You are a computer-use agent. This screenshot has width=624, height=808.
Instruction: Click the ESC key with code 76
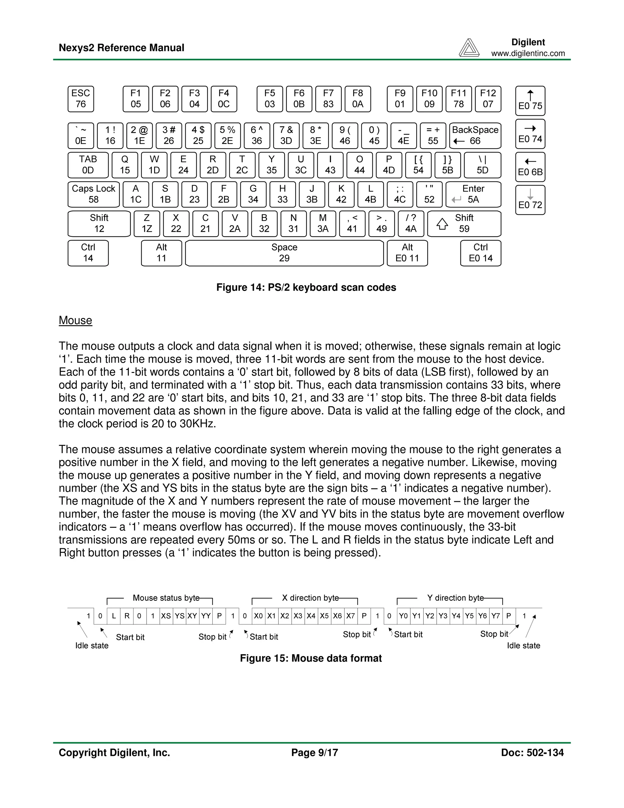[80, 99]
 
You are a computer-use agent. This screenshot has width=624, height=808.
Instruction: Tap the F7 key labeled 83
[328, 99]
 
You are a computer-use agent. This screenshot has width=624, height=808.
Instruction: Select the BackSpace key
[475, 135]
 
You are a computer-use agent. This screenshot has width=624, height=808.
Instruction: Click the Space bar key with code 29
[284, 253]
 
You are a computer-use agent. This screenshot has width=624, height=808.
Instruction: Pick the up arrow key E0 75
[530, 101]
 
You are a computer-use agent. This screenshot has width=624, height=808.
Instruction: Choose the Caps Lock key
[94, 194]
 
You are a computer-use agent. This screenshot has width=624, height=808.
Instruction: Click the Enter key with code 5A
[473, 194]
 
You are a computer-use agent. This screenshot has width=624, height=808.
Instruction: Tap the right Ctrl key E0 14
[480, 253]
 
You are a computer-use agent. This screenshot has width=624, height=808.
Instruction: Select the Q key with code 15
[125, 165]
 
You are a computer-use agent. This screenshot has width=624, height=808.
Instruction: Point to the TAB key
[88, 165]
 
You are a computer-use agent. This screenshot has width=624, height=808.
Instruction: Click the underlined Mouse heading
[76, 320]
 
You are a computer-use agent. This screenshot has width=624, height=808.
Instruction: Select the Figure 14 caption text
[306, 288]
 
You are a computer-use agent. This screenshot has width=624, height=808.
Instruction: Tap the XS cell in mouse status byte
[166, 616]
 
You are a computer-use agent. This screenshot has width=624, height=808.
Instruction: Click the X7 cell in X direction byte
[350, 616]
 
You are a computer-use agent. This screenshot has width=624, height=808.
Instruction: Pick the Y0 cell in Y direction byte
[403, 616]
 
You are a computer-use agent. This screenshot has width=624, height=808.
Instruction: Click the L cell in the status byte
[114, 616]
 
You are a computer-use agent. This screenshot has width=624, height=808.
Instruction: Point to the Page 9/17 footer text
[314, 753]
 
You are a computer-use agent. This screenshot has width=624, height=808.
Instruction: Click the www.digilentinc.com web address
[528, 53]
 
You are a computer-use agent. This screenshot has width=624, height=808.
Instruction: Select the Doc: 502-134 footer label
[532, 753]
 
